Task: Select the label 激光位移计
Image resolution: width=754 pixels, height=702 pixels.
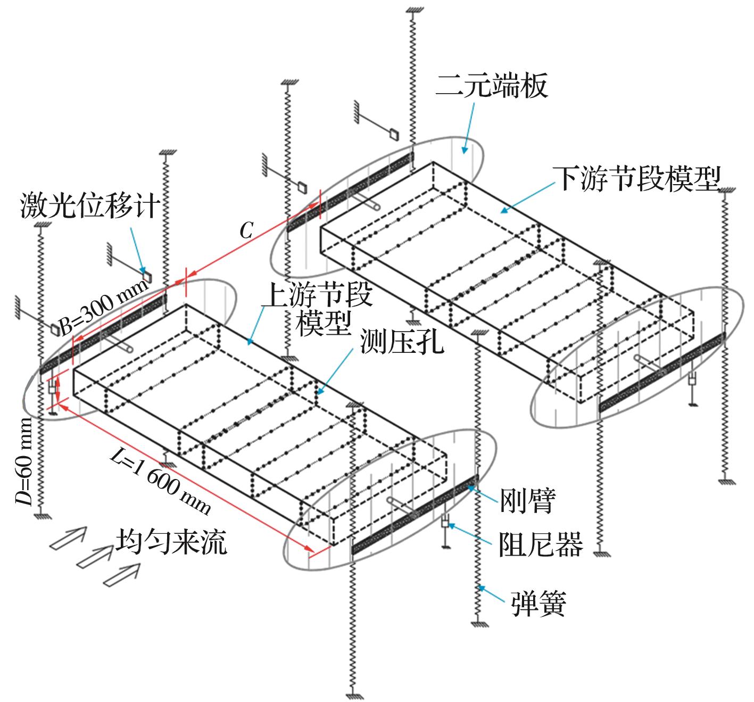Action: pos(90,205)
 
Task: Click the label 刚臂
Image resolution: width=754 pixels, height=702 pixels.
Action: pos(527,501)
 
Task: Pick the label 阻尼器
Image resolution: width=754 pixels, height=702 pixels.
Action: pos(541,545)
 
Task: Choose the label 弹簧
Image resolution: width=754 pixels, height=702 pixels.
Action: pos(538,604)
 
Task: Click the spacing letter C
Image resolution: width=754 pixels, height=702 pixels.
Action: pos(246,230)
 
